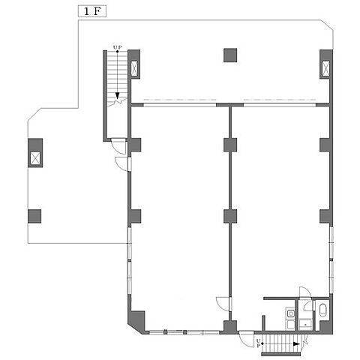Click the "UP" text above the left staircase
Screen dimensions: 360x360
(116, 47)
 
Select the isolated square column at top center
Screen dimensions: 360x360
(230, 55)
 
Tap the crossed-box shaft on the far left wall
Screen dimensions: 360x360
(35, 158)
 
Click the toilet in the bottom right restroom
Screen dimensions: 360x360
(322, 310)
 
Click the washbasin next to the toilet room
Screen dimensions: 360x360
(306, 324)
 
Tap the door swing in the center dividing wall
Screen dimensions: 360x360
(222, 304)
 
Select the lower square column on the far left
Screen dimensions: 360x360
(35, 217)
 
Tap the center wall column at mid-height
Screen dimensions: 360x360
(230, 217)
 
